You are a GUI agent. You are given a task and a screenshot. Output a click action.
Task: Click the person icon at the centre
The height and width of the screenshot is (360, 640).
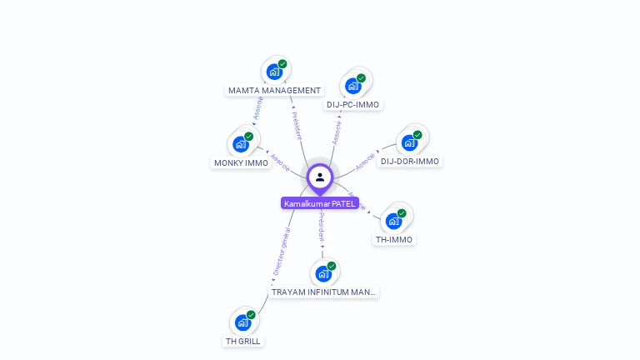point(320,177)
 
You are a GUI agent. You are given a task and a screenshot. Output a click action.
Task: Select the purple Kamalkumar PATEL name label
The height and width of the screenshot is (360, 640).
point(320,203)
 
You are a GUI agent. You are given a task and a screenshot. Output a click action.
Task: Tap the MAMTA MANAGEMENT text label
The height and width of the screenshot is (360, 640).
point(274,90)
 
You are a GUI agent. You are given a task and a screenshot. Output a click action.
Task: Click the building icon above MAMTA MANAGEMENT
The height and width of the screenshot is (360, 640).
point(274,72)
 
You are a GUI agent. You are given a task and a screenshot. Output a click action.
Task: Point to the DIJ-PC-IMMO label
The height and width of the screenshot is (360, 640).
point(352,104)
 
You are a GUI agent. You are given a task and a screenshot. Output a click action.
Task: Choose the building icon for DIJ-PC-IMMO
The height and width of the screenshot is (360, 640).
point(353,85)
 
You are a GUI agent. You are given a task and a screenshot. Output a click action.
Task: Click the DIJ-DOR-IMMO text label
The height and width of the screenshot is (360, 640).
point(410,161)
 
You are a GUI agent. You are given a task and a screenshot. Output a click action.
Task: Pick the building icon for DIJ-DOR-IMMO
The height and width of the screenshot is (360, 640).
point(409,142)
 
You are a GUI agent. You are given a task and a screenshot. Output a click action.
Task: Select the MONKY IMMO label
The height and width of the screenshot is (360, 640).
point(242,162)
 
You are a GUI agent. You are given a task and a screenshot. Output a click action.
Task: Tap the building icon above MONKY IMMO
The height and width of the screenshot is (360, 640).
point(241,143)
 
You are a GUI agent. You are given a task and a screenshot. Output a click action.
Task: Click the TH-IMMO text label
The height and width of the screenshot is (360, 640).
point(394,239)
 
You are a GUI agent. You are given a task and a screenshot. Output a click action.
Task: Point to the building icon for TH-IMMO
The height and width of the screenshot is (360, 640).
point(393,221)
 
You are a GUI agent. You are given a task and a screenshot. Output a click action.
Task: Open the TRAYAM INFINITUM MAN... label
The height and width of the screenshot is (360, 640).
point(324,292)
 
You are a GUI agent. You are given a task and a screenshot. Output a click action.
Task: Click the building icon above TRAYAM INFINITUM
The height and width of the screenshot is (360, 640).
point(323,273)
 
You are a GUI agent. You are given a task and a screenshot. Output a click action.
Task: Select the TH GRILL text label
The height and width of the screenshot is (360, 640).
point(243,341)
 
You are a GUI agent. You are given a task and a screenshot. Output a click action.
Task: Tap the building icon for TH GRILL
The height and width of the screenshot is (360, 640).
point(242,322)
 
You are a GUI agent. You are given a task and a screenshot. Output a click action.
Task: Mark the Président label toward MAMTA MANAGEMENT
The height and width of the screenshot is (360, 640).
point(297,126)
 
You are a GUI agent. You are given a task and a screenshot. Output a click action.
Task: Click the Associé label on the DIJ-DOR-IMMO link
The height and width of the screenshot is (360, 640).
point(365,161)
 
